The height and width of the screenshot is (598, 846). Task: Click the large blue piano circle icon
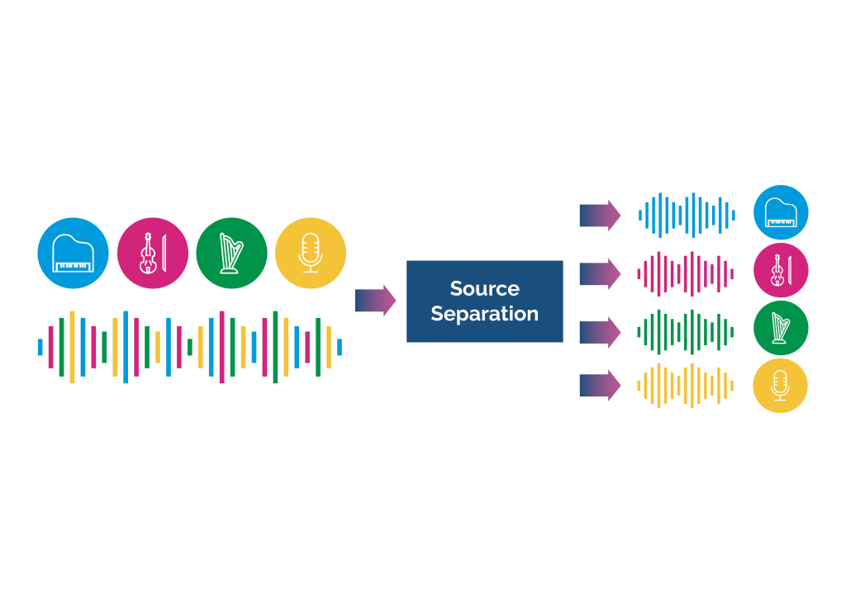tap(73, 253)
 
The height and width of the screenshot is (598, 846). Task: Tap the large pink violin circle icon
tap(152, 253)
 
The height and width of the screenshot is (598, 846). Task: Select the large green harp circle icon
tap(231, 253)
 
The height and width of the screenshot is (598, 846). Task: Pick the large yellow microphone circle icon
tap(311, 253)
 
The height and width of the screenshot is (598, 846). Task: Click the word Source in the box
tap(484, 288)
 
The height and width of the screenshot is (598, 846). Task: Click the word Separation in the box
tap(484, 314)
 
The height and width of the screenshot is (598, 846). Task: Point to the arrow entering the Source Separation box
tap(375, 301)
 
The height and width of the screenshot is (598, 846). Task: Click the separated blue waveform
tap(686, 216)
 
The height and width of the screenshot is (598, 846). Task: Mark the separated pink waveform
tap(686, 274)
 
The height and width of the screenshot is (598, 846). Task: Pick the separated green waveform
tap(686, 332)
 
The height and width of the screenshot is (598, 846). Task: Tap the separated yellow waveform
tap(686, 386)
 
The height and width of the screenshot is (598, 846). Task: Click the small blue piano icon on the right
tap(781, 212)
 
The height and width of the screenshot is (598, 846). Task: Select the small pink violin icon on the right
tap(781, 270)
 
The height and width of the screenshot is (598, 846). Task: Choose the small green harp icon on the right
tap(781, 328)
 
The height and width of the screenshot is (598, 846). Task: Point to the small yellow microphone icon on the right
tap(781, 386)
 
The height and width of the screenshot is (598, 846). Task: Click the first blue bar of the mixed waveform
tap(40, 347)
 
